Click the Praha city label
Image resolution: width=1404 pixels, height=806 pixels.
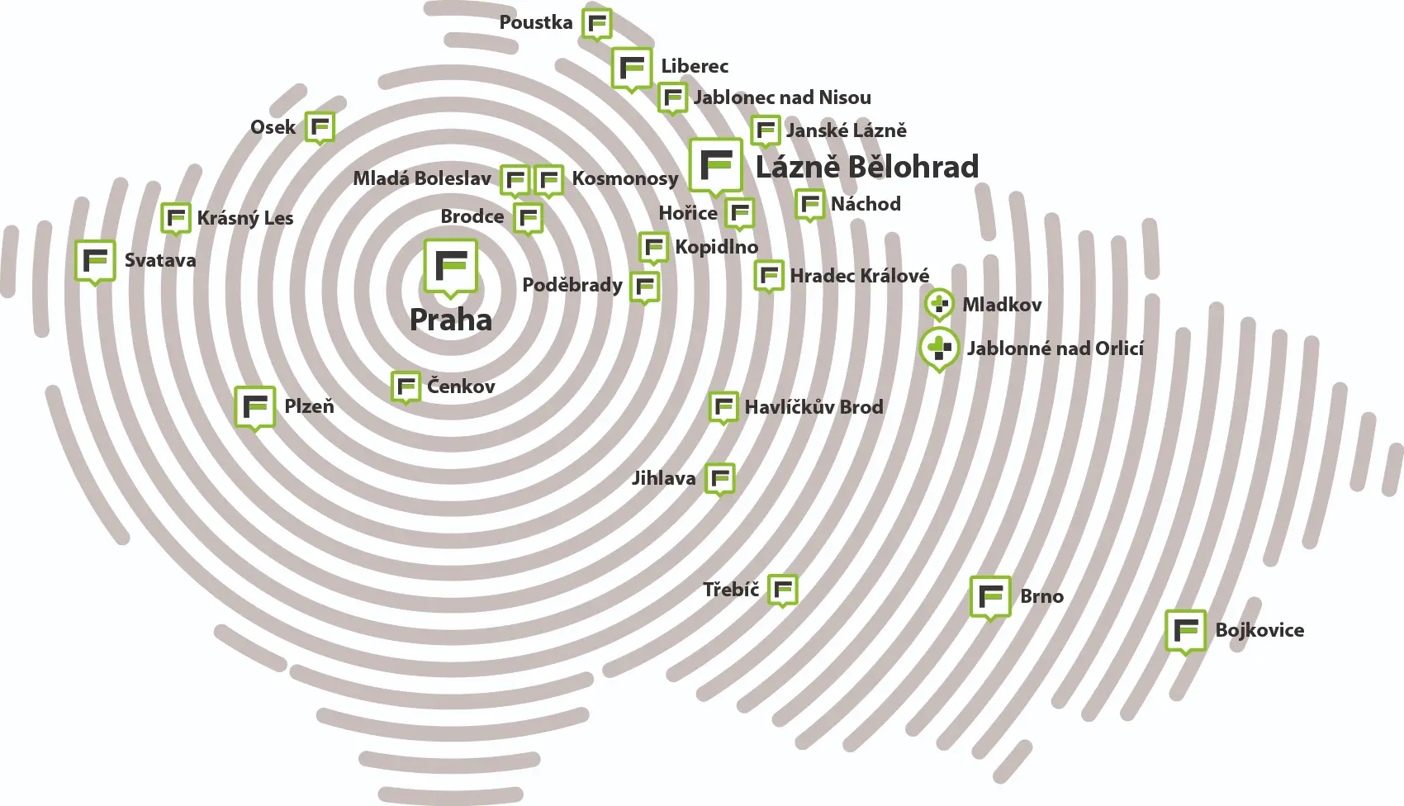click(451, 320)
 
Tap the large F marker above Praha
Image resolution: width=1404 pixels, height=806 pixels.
click(451, 268)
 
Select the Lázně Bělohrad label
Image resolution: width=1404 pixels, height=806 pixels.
click(867, 167)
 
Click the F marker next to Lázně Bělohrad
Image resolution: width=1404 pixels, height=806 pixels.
click(716, 166)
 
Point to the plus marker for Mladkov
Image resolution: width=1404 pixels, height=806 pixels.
click(940, 306)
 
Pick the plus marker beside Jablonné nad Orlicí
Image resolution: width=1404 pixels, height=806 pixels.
click(940, 349)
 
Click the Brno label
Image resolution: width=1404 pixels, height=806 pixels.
click(1041, 596)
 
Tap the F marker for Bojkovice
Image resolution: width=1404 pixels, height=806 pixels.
click(1186, 632)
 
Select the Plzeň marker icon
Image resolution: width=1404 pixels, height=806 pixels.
click(255, 408)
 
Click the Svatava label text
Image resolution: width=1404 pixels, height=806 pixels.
click(160, 260)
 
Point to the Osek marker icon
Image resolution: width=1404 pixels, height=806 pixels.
click(320, 129)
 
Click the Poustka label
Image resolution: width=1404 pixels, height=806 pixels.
click(536, 22)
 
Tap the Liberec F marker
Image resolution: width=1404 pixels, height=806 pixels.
click(632, 69)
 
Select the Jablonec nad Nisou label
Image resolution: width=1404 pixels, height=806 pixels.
click(782, 97)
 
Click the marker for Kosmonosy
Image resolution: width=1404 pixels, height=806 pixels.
click(549, 182)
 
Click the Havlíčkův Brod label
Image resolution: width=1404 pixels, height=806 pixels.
click(814, 407)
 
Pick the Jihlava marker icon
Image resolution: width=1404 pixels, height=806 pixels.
click(720, 480)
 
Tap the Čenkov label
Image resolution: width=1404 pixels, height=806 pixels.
click(462, 386)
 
